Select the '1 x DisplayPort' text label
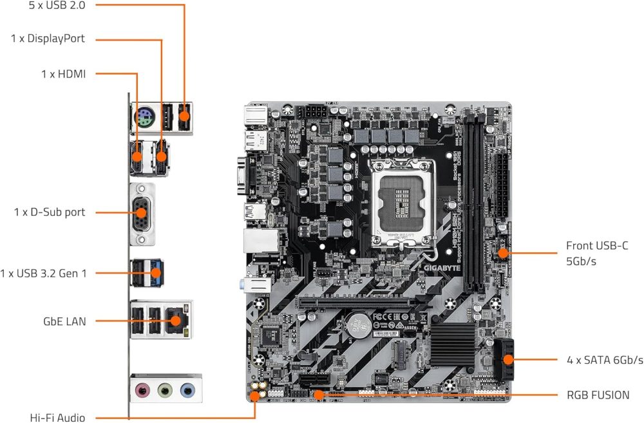click(48, 39)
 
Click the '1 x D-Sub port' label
click(50, 212)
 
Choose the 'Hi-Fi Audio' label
click(57, 417)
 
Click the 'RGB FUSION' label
click(598, 395)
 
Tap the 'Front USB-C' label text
click(596, 245)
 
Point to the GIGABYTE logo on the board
click(442, 263)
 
